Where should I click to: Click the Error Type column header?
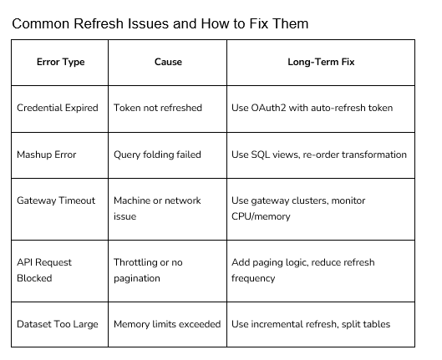pos(61,62)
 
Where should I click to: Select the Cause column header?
pos(168,62)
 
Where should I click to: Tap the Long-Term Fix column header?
pos(321,62)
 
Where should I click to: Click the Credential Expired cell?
pos(58,108)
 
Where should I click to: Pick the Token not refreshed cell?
pos(158,108)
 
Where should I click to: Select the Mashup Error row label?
pos(47,155)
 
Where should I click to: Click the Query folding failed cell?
pos(157,155)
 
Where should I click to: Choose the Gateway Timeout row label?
pos(56,200)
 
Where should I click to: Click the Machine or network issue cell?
pos(157,209)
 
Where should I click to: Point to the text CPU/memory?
pos(261,216)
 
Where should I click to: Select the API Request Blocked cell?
pos(44,270)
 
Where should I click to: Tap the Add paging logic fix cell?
pos(303,270)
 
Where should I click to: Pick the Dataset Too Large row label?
pos(58,324)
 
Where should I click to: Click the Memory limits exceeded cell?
pos(167,324)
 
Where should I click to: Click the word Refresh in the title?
pos(99,23)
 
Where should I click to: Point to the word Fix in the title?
pos(258,23)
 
